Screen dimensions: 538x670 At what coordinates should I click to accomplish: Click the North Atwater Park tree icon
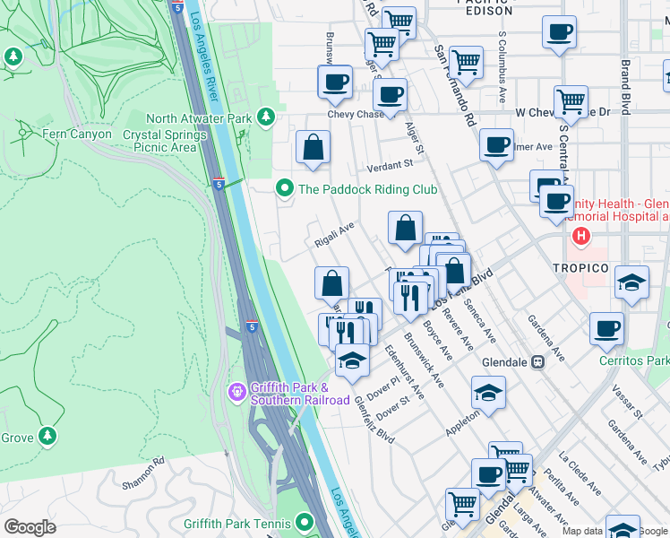coord(265,117)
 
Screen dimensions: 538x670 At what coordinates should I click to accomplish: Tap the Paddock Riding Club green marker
coord(285,188)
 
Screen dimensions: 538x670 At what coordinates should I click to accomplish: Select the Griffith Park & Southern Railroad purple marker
coord(236,392)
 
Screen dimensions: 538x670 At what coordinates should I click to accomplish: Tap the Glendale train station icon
coord(537,362)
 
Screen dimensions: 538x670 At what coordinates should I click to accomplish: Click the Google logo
coord(30,526)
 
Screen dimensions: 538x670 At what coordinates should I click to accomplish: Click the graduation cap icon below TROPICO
coord(631,282)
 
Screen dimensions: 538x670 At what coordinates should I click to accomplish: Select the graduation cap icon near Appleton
coord(488,391)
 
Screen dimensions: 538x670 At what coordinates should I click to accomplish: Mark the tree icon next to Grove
coord(47,437)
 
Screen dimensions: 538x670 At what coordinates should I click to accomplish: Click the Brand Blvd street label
coord(626,85)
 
